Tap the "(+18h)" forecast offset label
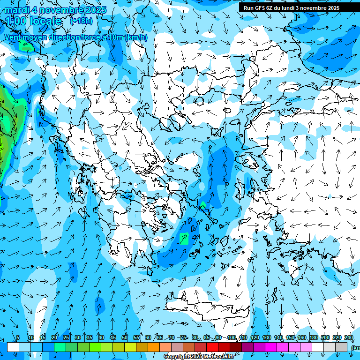coord(81,21)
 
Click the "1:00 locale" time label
coord(34,21)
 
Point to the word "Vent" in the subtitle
coord(14,37)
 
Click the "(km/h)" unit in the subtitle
coord(136,37)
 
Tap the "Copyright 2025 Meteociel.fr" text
coord(199,357)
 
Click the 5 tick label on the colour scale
coord(18,337)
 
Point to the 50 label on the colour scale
coord(125,337)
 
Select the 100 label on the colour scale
coord(231,337)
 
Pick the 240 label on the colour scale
coord(349,337)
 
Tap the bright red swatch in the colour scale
coord(212,347)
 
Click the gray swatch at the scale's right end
coord(342,347)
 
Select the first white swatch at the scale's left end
coord(13,347)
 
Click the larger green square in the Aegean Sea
coord(184,238)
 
